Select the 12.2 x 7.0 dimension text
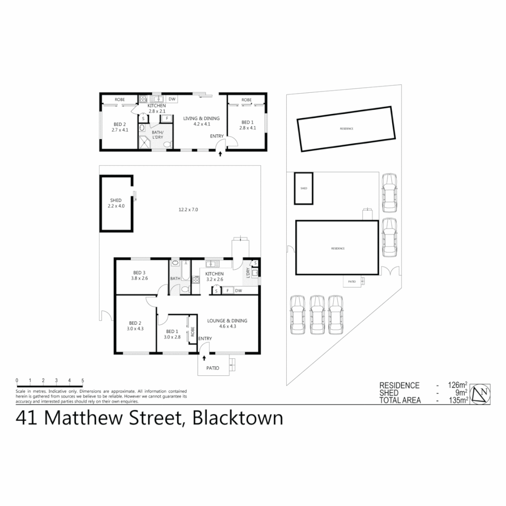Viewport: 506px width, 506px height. (x=189, y=210)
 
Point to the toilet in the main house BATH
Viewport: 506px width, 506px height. (x=185, y=290)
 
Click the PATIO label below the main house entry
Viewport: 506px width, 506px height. (x=213, y=368)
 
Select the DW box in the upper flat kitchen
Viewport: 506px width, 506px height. (x=172, y=99)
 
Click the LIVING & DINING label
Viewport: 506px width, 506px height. (x=201, y=119)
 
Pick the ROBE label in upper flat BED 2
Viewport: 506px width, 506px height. (x=120, y=100)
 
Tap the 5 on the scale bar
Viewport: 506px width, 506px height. (x=82, y=380)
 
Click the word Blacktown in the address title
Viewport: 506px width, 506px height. (x=238, y=417)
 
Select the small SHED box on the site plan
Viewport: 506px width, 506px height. (x=304, y=188)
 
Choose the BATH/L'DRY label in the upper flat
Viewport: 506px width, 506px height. (x=157, y=135)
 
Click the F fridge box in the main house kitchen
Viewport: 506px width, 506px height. (x=228, y=291)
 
